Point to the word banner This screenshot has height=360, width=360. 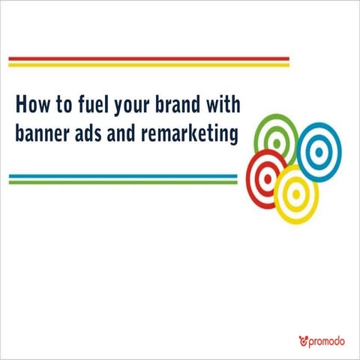43,133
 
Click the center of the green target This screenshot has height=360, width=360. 276,139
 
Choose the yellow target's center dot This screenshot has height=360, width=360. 296,194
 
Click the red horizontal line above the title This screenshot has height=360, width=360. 148,58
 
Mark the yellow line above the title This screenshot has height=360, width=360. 148,64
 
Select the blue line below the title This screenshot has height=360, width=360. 123,176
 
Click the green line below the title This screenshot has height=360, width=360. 123,182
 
